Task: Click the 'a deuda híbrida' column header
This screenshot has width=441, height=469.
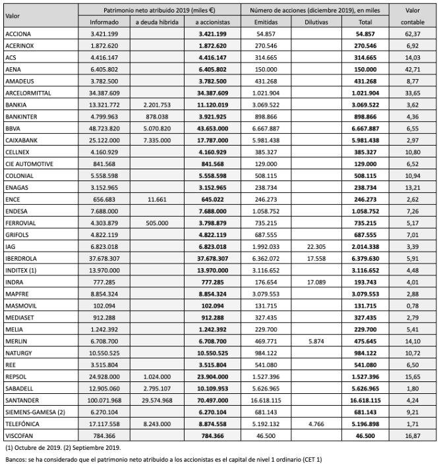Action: (154, 22)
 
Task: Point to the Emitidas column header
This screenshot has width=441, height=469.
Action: (268, 22)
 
